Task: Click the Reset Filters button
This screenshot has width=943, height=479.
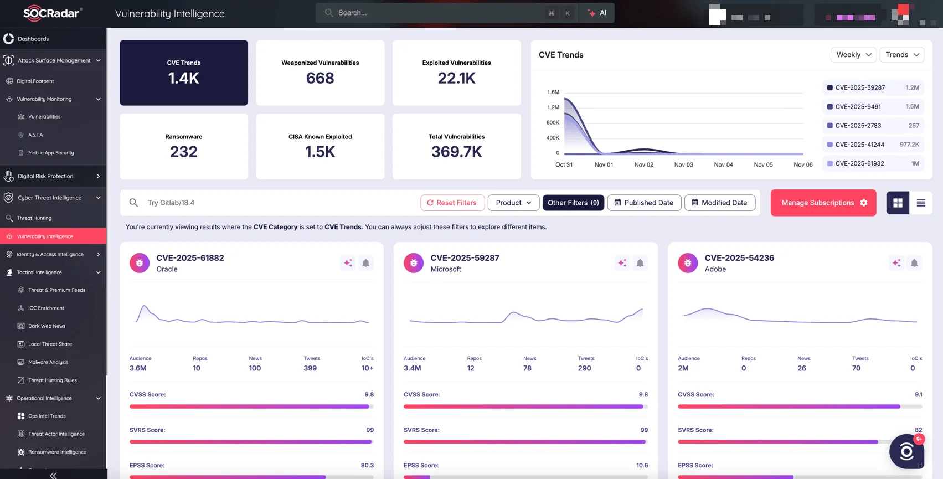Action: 452,203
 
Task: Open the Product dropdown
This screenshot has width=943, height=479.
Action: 513,203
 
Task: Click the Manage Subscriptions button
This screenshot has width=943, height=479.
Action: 823,203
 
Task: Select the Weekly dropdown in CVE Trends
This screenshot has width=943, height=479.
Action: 853,55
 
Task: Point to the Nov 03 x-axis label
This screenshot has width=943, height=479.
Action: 683,164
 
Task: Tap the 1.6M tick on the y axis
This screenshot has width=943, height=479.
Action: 553,92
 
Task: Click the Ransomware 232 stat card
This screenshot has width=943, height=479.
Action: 184,146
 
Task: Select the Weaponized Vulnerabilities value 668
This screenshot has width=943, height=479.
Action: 320,78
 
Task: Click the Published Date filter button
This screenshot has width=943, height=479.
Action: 644,203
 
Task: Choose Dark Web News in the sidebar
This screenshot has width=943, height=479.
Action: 47,326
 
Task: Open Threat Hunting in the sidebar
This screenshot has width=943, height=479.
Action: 34,218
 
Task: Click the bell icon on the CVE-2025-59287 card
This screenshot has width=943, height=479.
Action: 640,263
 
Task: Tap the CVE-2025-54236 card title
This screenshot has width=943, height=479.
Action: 739,258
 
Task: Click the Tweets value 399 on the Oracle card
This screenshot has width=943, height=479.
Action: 310,368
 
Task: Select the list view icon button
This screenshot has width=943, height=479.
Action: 921,203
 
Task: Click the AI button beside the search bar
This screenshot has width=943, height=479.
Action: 597,13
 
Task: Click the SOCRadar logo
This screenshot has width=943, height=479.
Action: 52,13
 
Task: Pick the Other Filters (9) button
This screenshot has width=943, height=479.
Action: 573,203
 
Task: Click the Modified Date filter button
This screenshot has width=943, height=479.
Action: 719,203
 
